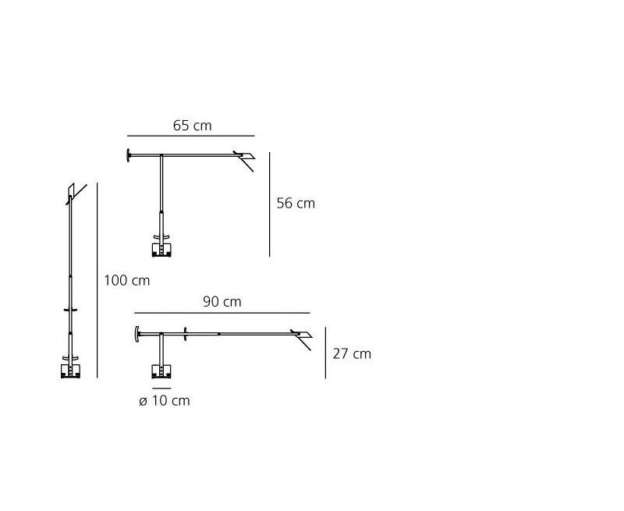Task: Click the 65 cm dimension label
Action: [x=192, y=126]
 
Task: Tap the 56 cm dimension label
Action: [x=296, y=204]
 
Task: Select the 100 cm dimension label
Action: [x=127, y=281]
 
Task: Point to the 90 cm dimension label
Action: [x=222, y=302]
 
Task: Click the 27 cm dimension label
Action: [x=352, y=354]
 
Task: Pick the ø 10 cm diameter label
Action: [x=165, y=400]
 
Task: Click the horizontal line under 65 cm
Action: [x=191, y=136]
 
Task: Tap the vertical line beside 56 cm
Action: [x=269, y=204]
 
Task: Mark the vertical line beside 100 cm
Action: [x=97, y=280]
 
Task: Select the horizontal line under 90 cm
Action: [x=222, y=313]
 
